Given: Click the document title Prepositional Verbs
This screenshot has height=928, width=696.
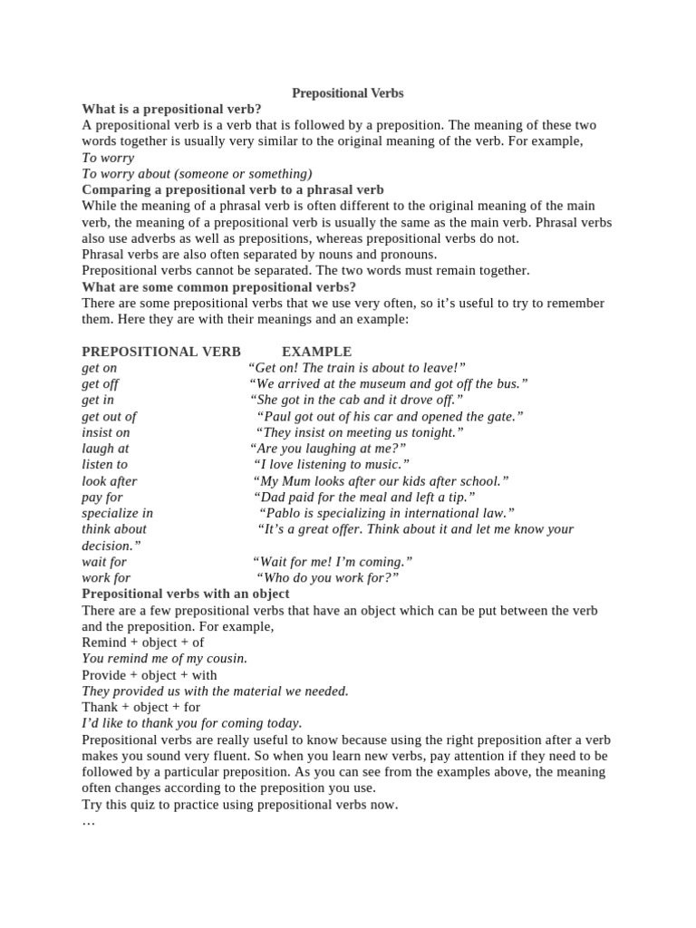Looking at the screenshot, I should (347, 93).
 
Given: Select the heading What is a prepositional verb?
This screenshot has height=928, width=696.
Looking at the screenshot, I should (171, 109).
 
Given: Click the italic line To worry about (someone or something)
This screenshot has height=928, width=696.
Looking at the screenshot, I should (197, 174).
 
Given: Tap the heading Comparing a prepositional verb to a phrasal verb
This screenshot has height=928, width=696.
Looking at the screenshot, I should (233, 190).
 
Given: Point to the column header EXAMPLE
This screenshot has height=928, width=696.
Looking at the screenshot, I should (316, 352).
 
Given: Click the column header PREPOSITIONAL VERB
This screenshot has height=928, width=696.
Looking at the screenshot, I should (161, 352).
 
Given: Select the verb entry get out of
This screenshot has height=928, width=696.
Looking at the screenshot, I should (109, 417).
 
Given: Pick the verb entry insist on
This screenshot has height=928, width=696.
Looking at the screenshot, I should (106, 433).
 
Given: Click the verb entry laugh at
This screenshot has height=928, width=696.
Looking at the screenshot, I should (105, 449).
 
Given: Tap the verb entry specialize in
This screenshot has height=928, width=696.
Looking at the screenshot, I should (117, 514).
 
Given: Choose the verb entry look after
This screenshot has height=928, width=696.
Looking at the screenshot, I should (110, 481).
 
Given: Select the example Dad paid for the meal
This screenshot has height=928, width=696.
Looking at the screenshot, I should (364, 498).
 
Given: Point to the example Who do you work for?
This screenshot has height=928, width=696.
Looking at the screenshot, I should (327, 578).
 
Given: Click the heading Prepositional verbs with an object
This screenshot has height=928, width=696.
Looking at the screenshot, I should (186, 594).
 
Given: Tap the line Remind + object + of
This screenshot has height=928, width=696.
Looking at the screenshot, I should (143, 643).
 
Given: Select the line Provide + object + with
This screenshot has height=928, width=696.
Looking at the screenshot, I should (150, 675).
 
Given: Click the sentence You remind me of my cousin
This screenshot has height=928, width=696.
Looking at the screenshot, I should (164, 659).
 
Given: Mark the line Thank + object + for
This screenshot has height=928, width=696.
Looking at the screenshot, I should (140, 707).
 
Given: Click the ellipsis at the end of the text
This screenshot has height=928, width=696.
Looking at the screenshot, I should (88, 821).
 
